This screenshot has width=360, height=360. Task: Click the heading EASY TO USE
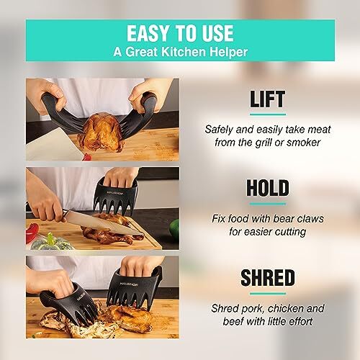[180, 33]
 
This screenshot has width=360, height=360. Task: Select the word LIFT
[268, 100]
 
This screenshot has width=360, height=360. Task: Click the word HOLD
[268, 188]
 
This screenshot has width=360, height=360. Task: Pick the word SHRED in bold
[268, 277]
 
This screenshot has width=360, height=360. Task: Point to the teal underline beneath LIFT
[268, 114]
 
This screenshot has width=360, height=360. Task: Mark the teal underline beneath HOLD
[268, 203]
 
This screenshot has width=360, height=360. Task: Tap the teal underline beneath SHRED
[268, 292]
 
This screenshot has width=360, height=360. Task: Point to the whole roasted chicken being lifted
[102, 133]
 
